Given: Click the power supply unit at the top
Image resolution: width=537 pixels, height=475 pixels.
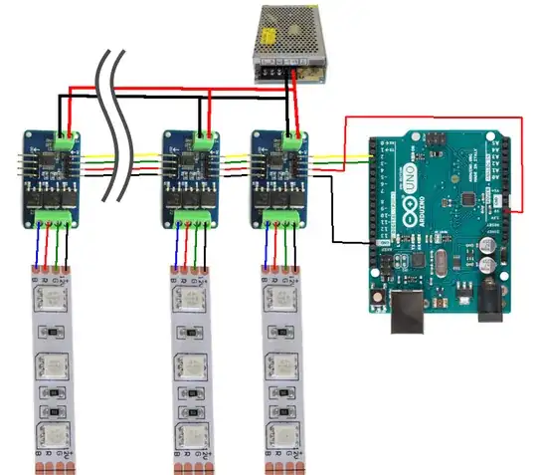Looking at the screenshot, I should tap(289, 42).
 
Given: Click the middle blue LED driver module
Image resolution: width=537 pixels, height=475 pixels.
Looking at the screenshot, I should tap(192, 178).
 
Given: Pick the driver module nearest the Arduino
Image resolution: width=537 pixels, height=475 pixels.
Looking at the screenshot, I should tap(282, 178).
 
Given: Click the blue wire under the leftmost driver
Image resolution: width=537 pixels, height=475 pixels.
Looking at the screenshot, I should tap(39, 245).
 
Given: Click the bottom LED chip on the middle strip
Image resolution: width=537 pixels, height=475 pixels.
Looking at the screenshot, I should tap(190, 435).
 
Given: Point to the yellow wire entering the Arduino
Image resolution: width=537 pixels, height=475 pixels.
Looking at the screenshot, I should tap(343, 154).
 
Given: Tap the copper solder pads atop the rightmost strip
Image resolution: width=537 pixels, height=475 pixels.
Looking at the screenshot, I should tap(281, 269).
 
